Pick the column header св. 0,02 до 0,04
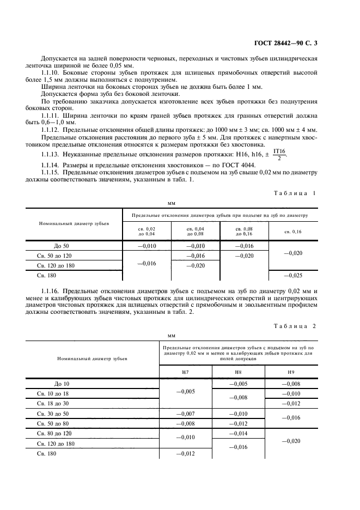point(147,232)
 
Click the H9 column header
point(291,372)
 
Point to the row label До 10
point(62,384)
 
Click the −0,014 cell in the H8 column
point(238,433)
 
